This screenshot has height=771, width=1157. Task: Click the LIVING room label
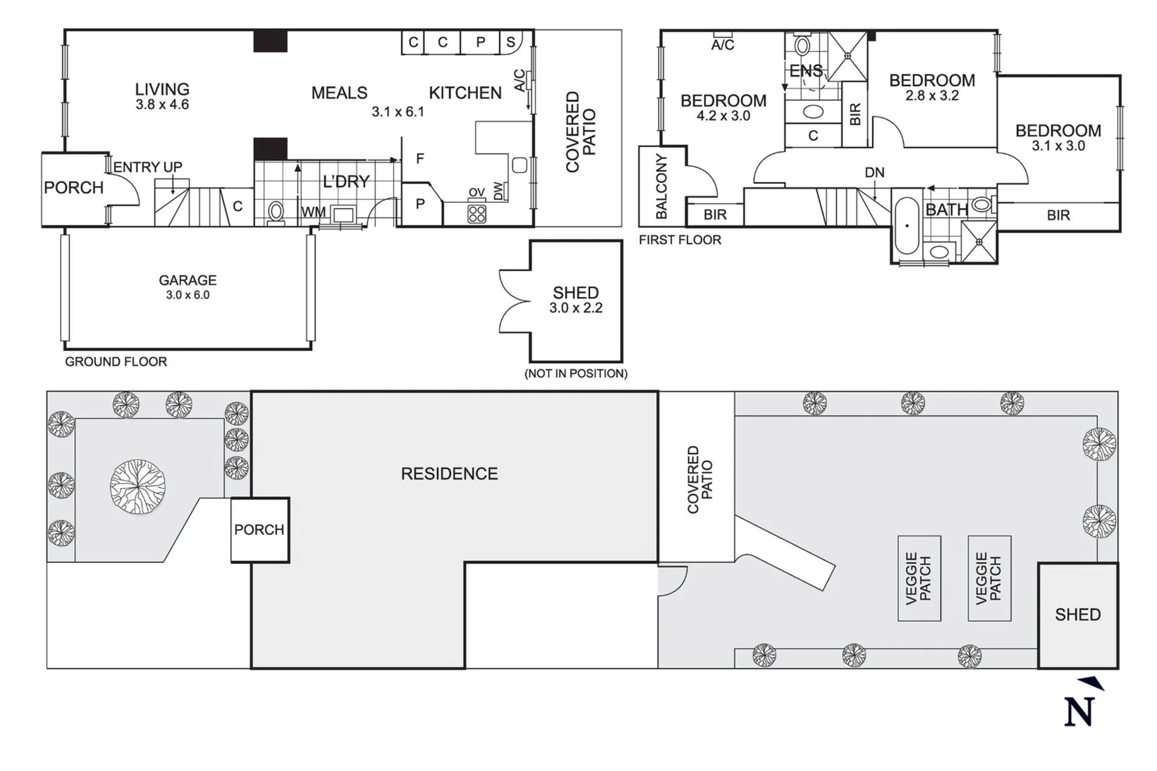click(x=162, y=89)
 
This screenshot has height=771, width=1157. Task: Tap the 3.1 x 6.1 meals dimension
click(x=398, y=112)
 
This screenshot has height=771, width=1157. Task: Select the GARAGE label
click(x=187, y=280)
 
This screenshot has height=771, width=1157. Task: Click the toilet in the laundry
click(x=275, y=212)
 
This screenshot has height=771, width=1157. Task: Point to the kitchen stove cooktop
click(x=477, y=214)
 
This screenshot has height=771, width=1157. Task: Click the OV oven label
click(x=477, y=193)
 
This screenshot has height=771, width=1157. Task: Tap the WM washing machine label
click(x=313, y=212)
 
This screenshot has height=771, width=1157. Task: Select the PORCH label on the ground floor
click(x=74, y=188)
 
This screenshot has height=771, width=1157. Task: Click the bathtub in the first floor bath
click(x=907, y=225)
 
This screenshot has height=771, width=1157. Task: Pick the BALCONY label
click(x=661, y=186)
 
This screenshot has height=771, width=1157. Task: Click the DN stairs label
click(x=874, y=173)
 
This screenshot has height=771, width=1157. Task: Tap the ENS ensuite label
click(x=806, y=71)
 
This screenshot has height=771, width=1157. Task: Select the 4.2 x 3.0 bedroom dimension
click(x=723, y=116)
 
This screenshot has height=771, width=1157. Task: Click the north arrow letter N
click(x=1079, y=712)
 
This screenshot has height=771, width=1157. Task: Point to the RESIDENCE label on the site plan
click(x=450, y=474)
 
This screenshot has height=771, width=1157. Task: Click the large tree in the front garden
click(x=138, y=487)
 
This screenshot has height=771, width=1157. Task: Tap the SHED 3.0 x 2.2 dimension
click(x=575, y=308)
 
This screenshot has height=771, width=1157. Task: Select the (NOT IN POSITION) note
click(x=576, y=373)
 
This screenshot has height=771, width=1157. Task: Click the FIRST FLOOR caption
click(x=680, y=240)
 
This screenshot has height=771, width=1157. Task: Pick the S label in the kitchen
click(x=510, y=42)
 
